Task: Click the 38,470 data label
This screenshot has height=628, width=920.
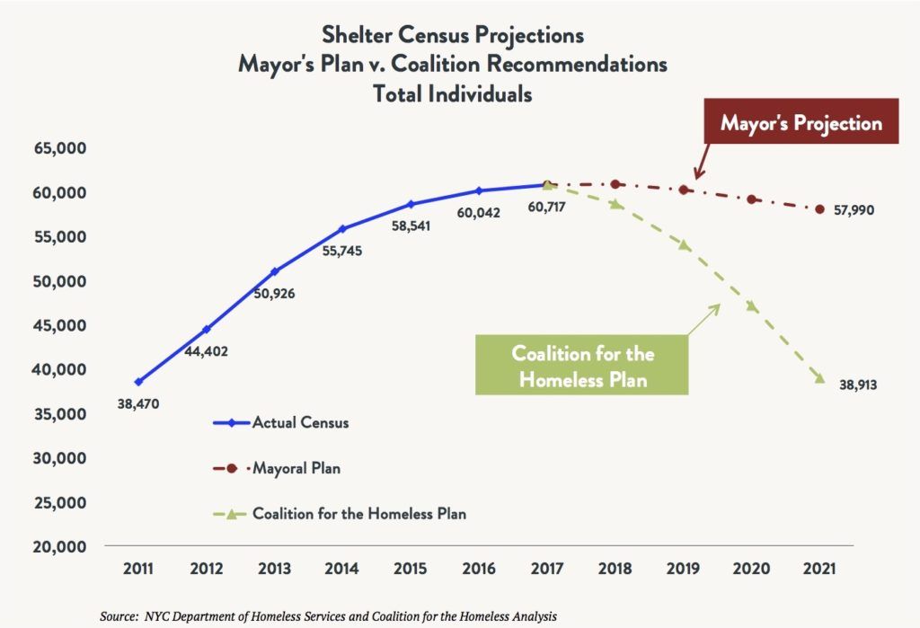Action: (x=138, y=404)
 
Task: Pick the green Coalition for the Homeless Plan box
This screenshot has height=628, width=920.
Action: (x=583, y=366)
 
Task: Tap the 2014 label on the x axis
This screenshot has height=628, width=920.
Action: (x=342, y=569)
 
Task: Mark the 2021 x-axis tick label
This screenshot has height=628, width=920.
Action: (x=820, y=569)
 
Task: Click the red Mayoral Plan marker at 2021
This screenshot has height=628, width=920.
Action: (x=819, y=209)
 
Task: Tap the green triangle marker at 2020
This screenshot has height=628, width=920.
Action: (x=752, y=306)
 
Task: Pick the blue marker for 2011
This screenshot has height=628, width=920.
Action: (x=138, y=382)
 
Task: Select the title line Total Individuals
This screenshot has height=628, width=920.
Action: (x=453, y=93)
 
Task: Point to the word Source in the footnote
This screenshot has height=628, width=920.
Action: (x=119, y=616)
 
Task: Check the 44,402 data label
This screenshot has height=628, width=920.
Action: (x=206, y=351)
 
